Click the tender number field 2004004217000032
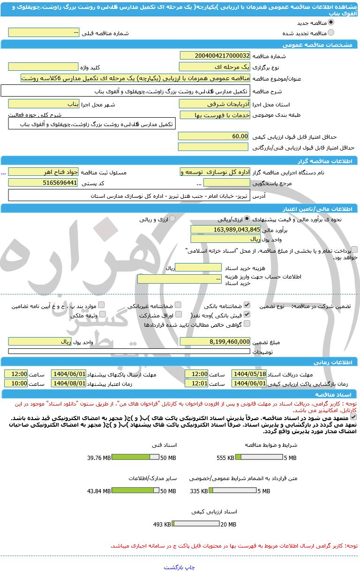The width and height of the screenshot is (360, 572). point(215,56)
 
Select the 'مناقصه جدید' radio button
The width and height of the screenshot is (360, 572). point(331,23)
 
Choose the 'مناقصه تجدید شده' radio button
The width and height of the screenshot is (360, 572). point(331,33)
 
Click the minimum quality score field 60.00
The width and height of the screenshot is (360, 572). point(213,136)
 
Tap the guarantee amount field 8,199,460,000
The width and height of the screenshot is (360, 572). point(215,341)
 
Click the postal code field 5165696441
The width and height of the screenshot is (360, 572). point(43,182)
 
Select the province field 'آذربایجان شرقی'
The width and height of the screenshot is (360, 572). point(215,104)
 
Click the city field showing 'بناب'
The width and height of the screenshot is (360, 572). point(43,104)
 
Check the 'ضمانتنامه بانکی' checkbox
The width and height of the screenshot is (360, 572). point(247,305)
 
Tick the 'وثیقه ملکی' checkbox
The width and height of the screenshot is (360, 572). point(103,315)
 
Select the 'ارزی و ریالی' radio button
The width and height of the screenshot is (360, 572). point(172,219)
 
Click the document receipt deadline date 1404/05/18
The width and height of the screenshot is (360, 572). point(249,374)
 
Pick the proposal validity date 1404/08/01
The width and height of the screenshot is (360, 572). point(68,383)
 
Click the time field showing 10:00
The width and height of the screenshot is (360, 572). point(16,383)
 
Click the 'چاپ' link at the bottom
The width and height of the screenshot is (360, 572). point(190,567)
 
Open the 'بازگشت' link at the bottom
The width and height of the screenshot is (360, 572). point(174,567)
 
